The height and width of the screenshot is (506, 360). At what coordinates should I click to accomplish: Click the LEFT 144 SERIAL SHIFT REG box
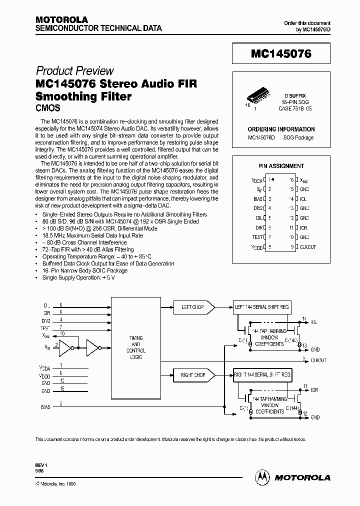[261, 307]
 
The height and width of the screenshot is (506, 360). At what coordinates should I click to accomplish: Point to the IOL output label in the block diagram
[314, 322]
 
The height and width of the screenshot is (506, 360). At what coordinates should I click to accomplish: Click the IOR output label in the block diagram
[314, 390]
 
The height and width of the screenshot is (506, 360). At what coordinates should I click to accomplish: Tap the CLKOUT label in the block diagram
[318, 360]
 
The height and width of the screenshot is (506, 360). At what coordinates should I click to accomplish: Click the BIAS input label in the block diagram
[45, 407]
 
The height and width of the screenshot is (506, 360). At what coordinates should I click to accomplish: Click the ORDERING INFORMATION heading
[281, 129]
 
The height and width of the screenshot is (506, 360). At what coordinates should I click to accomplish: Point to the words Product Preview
[75, 71]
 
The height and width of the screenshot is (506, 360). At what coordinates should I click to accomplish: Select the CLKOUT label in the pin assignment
[308, 246]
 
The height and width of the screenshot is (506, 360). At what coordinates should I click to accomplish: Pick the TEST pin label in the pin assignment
[257, 237]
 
